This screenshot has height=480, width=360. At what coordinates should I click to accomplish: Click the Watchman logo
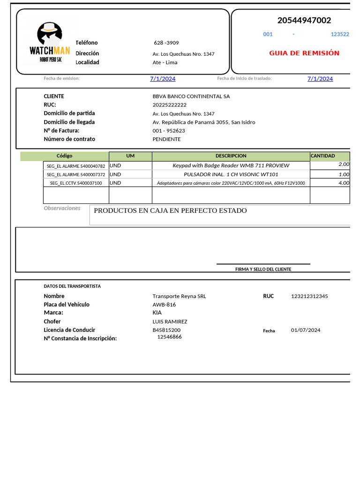point(50,43)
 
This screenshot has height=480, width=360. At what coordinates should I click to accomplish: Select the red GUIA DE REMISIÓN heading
point(304,53)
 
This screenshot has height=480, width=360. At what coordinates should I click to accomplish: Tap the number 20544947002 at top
point(304,20)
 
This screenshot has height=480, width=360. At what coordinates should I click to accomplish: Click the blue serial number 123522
point(340,34)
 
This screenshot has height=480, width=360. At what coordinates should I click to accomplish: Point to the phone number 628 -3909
point(166,43)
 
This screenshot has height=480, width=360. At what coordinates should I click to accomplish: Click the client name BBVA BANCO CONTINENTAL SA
point(191,96)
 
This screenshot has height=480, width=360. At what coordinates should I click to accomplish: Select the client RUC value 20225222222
point(169,105)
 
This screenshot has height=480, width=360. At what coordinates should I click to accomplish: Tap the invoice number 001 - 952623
point(169,131)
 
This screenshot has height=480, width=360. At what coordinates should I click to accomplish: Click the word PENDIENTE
point(166,139)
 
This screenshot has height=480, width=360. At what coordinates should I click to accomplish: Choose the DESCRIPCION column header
point(231,156)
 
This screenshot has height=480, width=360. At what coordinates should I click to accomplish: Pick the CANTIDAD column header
point(323,156)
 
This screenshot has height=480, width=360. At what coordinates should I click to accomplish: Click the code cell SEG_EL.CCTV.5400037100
point(76,183)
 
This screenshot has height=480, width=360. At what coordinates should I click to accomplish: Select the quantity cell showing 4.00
point(344,183)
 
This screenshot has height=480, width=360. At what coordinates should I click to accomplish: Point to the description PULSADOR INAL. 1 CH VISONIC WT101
point(231,174)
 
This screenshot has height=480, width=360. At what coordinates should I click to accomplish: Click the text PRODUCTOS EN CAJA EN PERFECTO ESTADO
point(170,210)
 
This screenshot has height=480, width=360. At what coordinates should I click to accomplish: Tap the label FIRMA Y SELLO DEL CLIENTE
point(263,269)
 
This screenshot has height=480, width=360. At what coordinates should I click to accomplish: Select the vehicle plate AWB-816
point(164,305)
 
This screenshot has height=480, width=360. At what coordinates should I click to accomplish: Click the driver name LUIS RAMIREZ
point(170,322)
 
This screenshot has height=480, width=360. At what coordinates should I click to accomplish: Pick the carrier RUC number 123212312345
point(309,296)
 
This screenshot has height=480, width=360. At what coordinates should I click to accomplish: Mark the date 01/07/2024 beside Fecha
point(306,330)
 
